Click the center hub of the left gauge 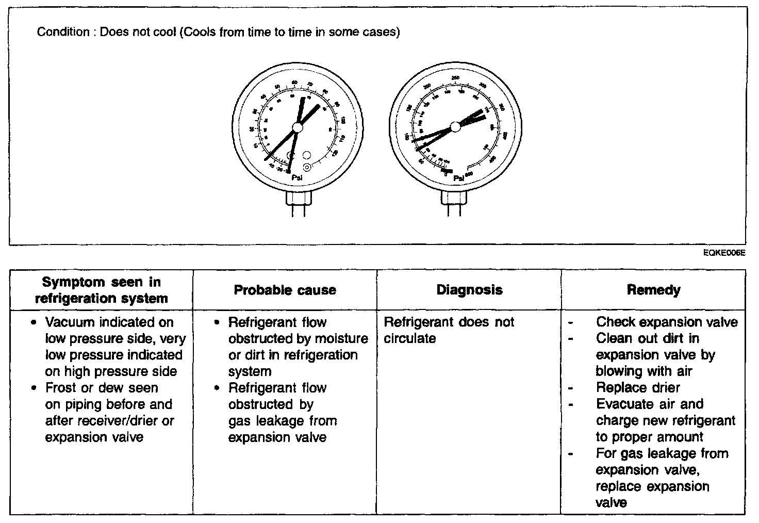click(298, 127)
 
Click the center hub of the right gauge click(455, 126)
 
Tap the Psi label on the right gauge click(458, 178)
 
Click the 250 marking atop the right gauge click(455, 78)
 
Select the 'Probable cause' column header click(285, 290)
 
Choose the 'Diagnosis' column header click(469, 290)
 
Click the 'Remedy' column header click(653, 290)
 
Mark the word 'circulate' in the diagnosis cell click(410, 339)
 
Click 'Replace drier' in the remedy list click(638, 388)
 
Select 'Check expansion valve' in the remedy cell click(667, 322)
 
